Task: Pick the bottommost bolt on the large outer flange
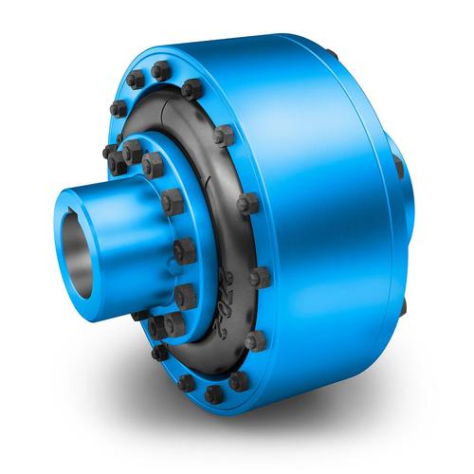tap(214, 392)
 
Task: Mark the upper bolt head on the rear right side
tap(398, 167)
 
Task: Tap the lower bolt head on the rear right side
tap(404, 308)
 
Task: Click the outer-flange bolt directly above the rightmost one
tap(248, 204)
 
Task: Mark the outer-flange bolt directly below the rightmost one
tap(254, 339)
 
